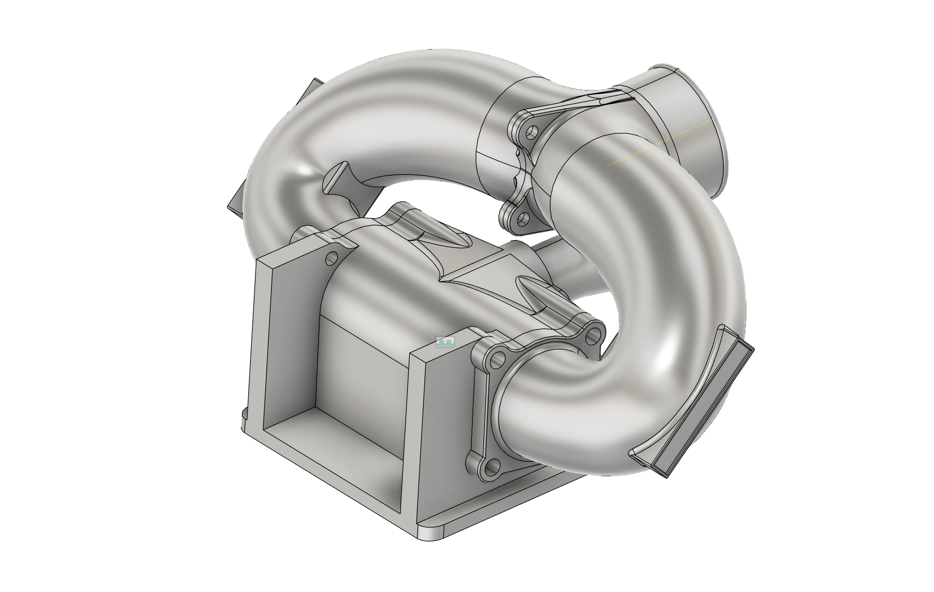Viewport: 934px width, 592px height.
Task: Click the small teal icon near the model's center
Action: [445, 341]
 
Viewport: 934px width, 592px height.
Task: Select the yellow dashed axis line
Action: [662, 143]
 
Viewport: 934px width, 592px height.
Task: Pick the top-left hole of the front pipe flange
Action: [498, 358]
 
